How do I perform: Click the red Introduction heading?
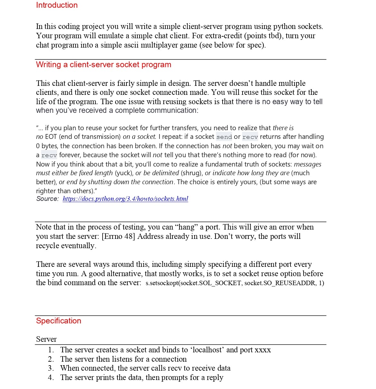[x=57, y=5]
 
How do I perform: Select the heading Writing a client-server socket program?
[x=103, y=65]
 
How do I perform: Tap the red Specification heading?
[x=59, y=321]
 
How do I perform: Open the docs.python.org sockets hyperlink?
[x=125, y=199]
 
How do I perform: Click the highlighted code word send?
[x=224, y=137]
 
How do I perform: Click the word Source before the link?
[x=47, y=199]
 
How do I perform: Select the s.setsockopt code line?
[x=235, y=283]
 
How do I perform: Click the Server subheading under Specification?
[x=46, y=339]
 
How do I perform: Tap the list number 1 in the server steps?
[x=50, y=350]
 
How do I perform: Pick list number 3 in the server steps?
[x=50, y=368]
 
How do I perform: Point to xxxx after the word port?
[x=262, y=350]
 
